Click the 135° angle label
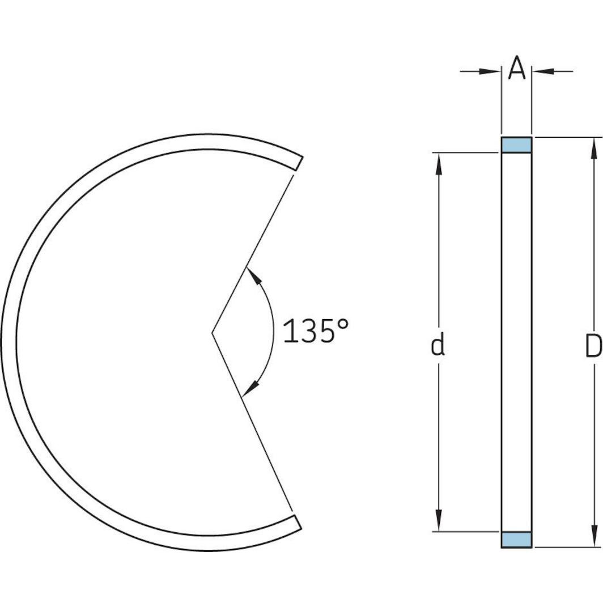pos(315,332)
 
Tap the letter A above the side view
pos(516,69)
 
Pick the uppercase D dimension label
pos(593,346)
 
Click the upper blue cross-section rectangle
pos(516,145)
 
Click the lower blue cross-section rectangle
pos(516,540)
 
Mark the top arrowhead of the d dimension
pos(438,162)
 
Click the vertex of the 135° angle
pos(213,332)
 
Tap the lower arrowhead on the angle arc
pos(251,388)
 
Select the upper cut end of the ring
pos(298,163)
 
